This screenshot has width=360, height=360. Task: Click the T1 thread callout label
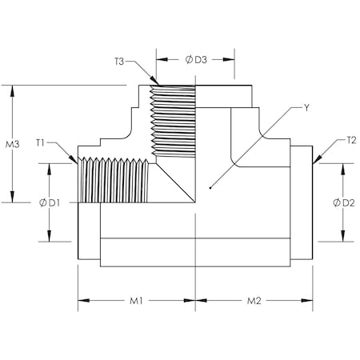tap(41, 143)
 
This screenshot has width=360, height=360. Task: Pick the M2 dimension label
tap(254, 302)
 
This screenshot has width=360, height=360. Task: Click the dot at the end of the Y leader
tap(210, 188)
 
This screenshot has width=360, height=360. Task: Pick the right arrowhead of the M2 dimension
tap(310, 302)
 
